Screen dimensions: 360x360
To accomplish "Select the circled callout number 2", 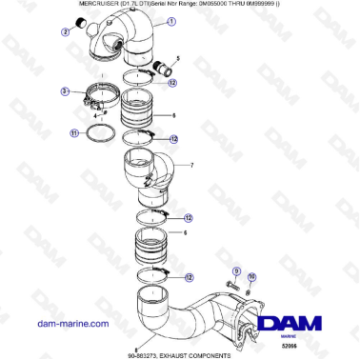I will click(x=66, y=32).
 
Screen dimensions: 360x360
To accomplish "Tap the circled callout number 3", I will click(x=65, y=91).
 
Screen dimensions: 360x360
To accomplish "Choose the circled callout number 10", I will click(x=252, y=277).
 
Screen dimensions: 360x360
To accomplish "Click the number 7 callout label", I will click(x=191, y=165).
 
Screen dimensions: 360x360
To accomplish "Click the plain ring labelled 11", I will click(x=106, y=132).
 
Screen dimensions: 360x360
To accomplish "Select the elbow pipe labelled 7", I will click(x=147, y=177).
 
